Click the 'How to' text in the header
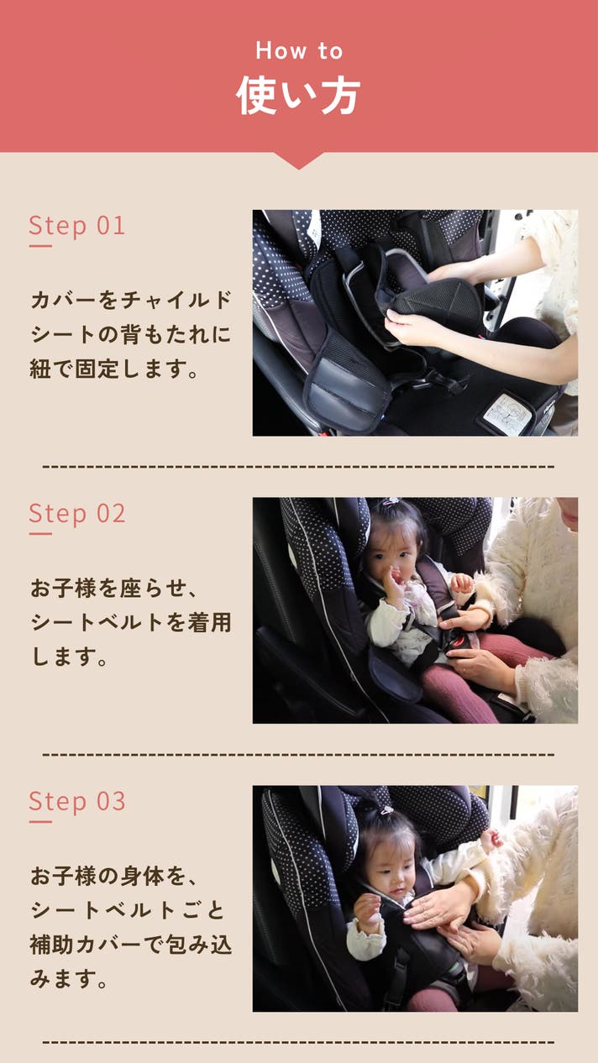[299, 50]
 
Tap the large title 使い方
[298, 96]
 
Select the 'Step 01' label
[77, 225]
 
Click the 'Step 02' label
[77, 513]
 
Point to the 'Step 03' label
[77, 801]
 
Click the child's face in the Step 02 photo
[391, 555]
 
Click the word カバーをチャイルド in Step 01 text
[130, 300]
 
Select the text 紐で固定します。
[114, 369]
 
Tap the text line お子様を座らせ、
[114, 588]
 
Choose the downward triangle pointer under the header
[298, 160]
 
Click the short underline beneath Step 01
[40, 246]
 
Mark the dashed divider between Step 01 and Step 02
[298, 467]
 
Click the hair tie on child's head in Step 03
[387, 810]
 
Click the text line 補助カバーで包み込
[130, 945]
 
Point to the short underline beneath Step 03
[40, 822]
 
